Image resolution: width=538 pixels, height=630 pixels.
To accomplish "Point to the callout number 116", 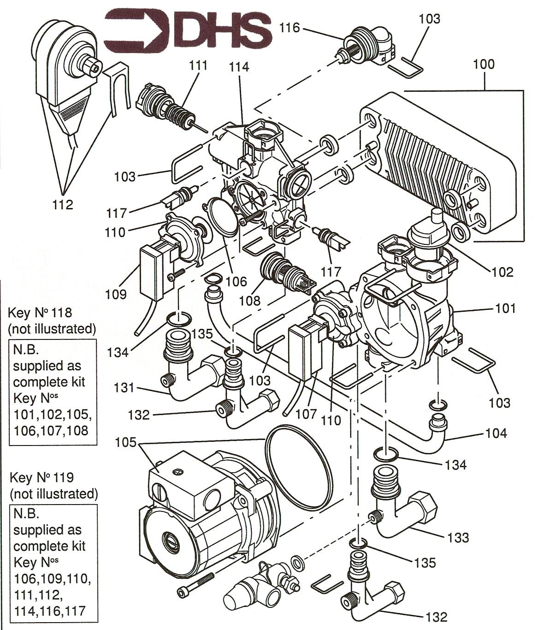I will point(290,28).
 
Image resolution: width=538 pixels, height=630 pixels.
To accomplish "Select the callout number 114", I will point(239,67).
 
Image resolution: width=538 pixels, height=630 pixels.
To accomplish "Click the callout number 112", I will point(63,204).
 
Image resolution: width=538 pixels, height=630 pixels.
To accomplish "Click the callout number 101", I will point(506,308).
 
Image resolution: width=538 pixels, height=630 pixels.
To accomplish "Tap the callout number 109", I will point(115,294).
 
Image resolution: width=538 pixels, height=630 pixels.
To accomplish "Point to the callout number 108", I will point(249,300).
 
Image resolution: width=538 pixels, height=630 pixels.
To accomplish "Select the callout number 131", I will point(124,387).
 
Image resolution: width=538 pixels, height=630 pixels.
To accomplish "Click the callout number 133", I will point(458,537).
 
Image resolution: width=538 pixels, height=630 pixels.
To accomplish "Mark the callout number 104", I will point(496,433).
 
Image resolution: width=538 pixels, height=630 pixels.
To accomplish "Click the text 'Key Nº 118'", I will point(41,313).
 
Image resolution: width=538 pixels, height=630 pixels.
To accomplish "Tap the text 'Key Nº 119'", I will point(41,476).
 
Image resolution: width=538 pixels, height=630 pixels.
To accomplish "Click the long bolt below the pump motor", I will point(195,584).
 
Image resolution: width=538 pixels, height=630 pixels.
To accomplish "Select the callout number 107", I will point(306,414).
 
